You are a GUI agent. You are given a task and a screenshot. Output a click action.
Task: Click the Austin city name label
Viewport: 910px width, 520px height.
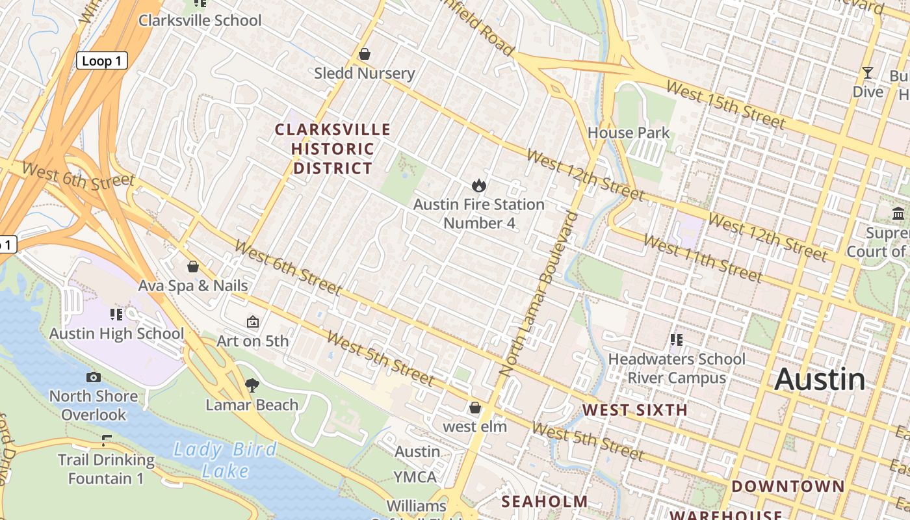(820, 380)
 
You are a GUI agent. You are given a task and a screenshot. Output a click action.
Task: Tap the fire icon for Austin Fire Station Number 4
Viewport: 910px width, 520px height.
(479, 186)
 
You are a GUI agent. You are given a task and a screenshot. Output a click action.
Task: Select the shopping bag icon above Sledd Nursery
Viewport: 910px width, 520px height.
(365, 54)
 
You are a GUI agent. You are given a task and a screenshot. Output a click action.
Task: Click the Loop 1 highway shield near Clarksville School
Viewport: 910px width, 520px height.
(102, 61)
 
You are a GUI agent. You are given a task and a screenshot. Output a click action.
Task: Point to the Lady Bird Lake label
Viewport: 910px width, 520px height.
(225, 460)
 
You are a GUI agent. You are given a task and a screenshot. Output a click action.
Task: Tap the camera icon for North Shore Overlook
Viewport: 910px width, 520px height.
(94, 377)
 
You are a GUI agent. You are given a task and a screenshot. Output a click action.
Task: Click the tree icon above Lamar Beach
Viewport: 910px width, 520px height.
(252, 385)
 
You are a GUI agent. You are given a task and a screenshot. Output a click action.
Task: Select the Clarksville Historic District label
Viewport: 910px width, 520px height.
(333, 149)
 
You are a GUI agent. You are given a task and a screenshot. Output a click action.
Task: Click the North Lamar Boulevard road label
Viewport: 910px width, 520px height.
(539, 294)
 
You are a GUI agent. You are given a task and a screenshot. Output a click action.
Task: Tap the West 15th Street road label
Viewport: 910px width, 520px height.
(725, 104)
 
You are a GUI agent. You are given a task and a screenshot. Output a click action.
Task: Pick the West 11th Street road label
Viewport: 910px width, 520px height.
(702, 259)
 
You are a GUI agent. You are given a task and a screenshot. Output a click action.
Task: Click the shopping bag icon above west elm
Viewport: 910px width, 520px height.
(475, 408)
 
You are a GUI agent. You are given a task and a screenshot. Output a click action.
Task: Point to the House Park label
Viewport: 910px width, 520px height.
(628, 133)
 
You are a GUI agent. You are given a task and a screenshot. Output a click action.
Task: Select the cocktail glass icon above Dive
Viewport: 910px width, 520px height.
(868, 72)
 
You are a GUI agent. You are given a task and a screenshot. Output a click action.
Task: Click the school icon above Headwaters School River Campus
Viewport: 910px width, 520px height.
(676, 339)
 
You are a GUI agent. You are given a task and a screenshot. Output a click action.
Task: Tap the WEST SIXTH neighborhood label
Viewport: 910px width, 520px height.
(634, 410)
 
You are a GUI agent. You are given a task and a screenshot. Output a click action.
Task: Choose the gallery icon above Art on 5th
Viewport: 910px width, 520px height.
(253, 322)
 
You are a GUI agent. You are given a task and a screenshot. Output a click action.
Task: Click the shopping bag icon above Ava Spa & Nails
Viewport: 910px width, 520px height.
(193, 266)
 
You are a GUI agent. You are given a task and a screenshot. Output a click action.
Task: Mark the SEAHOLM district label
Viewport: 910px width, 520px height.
(545, 502)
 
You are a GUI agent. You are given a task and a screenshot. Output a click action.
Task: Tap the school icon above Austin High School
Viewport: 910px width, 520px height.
(116, 315)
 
